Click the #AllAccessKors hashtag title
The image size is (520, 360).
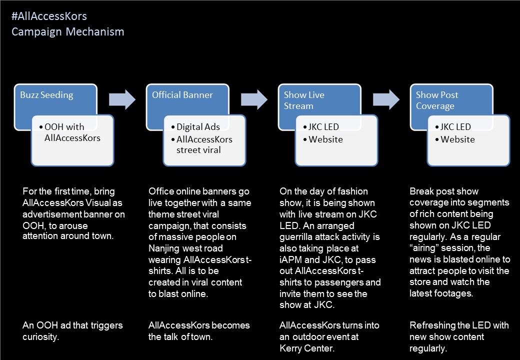tap(49, 16)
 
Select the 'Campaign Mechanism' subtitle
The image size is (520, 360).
tap(68, 32)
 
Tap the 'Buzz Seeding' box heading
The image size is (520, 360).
tap(46, 95)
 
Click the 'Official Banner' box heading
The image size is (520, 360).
tap(182, 95)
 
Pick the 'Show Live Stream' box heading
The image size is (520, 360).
tap(304, 100)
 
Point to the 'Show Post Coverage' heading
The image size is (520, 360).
tap(437, 100)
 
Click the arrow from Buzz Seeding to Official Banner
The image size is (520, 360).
tap(122, 99)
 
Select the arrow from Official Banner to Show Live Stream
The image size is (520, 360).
tap(254, 99)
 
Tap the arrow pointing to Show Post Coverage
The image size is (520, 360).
tap(386, 99)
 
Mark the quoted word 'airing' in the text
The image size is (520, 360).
tap(432, 248)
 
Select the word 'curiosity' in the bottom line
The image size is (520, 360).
tap(41, 337)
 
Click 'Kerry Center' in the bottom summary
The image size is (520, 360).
tap(307, 348)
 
